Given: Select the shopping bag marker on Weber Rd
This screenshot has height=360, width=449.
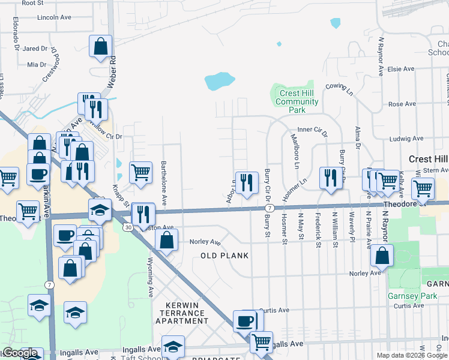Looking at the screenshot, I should click(101, 47).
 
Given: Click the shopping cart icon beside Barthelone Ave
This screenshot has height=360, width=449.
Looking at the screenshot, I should click(140, 172).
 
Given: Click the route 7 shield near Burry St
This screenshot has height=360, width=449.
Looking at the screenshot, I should click(271, 208).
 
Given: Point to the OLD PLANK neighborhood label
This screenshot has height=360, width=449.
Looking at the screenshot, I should click(225, 256).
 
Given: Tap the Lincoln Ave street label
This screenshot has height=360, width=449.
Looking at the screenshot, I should click(55, 17).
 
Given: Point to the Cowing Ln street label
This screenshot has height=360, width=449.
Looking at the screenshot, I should click(340, 88).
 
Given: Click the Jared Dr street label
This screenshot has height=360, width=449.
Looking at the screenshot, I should click(35, 49).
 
